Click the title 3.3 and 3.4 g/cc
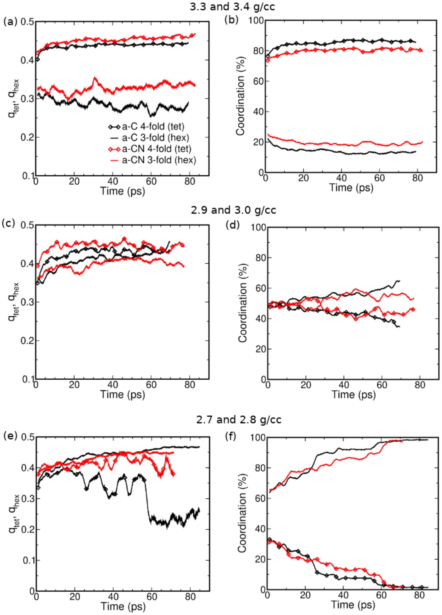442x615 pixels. (232, 7)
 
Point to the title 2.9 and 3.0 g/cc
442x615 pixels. (233, 210)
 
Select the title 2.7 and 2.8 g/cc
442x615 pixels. (239, 420)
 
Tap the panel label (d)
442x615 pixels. (233, 225)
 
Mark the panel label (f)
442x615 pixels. (230, 436)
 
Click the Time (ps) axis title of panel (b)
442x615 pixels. (351, 188)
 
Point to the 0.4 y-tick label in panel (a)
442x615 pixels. (27, 60)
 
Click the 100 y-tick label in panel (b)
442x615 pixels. (256, 21)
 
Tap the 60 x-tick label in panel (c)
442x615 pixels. (151, 385)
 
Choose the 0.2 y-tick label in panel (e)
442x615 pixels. (28, 529)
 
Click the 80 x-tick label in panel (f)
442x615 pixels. (419, 595)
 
